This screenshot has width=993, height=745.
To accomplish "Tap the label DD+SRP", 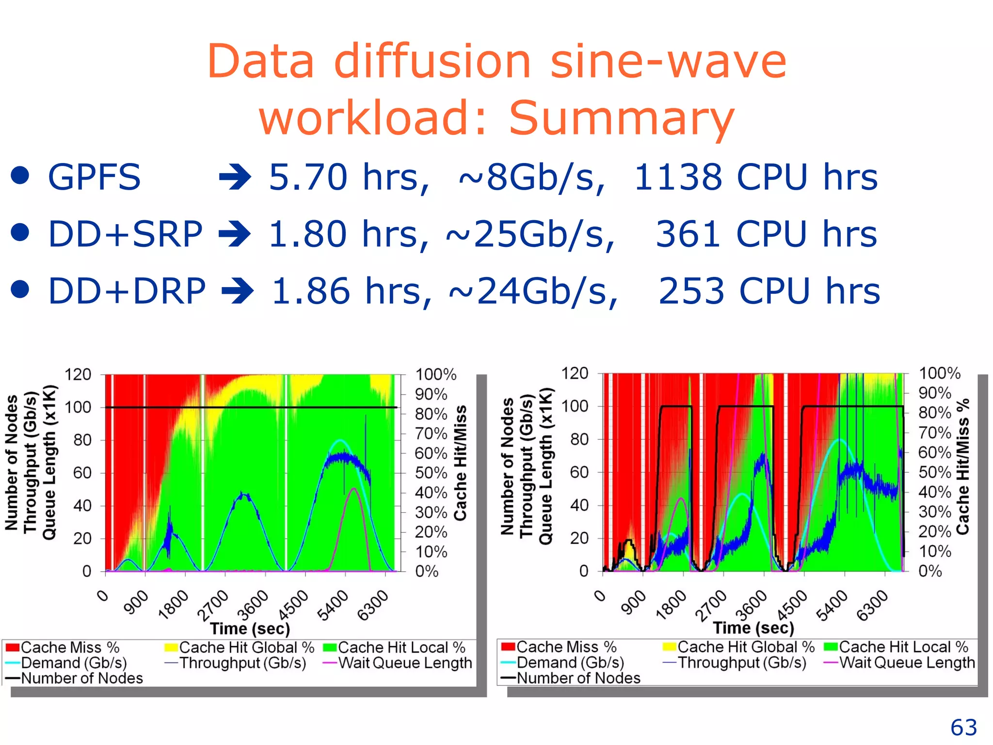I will click(125, 234).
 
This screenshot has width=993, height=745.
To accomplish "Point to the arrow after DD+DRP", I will click(238, 291).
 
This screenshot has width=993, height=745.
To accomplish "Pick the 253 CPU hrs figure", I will click(769, 291).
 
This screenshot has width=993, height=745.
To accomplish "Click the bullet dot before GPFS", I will click(20, 176).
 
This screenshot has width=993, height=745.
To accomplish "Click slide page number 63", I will click(963, 728).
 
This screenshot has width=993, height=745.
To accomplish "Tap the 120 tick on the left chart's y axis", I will click(78, 374).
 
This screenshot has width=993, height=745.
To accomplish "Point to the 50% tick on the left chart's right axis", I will click(431, 473).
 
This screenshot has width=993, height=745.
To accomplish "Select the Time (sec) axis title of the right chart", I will click(753, 628).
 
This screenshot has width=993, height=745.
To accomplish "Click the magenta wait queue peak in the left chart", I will click(354, 489).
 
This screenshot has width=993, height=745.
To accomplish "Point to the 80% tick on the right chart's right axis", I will click(934, 413).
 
